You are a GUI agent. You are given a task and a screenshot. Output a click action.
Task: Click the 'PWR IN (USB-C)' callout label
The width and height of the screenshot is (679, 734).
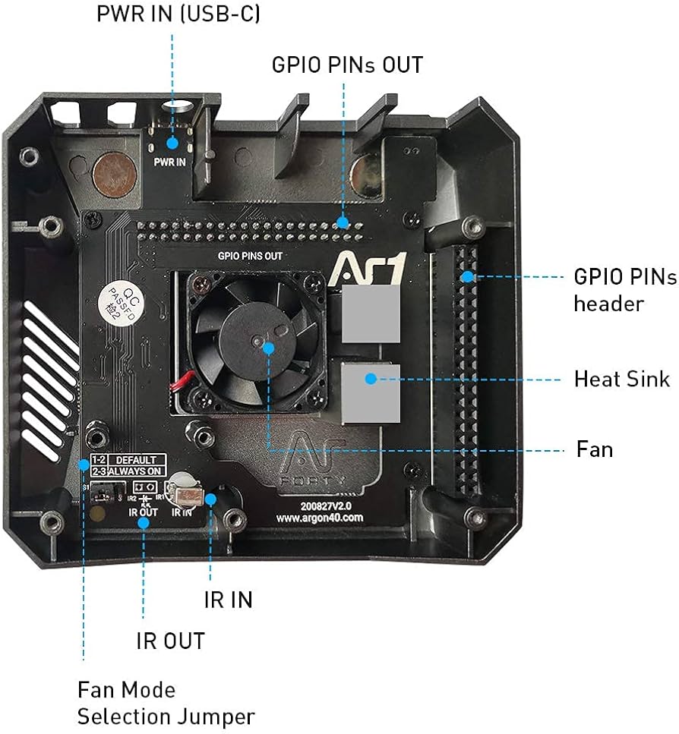[x=178, y=14]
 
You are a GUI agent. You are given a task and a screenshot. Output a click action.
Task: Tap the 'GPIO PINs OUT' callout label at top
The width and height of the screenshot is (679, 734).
[x=347, y=65]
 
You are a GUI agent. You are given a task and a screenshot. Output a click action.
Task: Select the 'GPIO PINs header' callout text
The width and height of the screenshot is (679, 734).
[x=624, y=290]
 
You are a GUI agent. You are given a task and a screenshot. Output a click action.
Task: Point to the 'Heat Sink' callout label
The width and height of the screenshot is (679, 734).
[x=622, y=378]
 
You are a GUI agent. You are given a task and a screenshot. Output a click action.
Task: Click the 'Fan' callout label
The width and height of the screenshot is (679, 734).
[x=594, y=449]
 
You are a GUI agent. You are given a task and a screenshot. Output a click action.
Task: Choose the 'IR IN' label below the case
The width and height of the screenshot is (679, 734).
[x=228, y=600]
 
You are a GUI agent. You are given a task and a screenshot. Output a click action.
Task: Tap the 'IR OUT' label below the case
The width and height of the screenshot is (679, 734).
[x=170, y=641]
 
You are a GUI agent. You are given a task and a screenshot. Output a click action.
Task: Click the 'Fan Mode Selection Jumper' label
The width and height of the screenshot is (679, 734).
[x=166, y=703]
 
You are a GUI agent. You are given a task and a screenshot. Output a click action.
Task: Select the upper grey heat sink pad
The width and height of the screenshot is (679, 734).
[x=370, y=314]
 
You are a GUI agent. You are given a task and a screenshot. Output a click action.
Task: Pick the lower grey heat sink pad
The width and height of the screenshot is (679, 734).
[x=371, y=392]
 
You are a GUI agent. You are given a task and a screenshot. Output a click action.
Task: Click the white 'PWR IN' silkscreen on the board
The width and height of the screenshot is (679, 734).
[x=169, y=162]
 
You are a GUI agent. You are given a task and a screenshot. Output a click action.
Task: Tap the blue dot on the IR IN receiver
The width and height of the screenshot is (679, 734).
[x=210, y=499]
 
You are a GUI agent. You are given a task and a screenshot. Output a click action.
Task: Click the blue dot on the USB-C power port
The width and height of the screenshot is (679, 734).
[x=173, y=141]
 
